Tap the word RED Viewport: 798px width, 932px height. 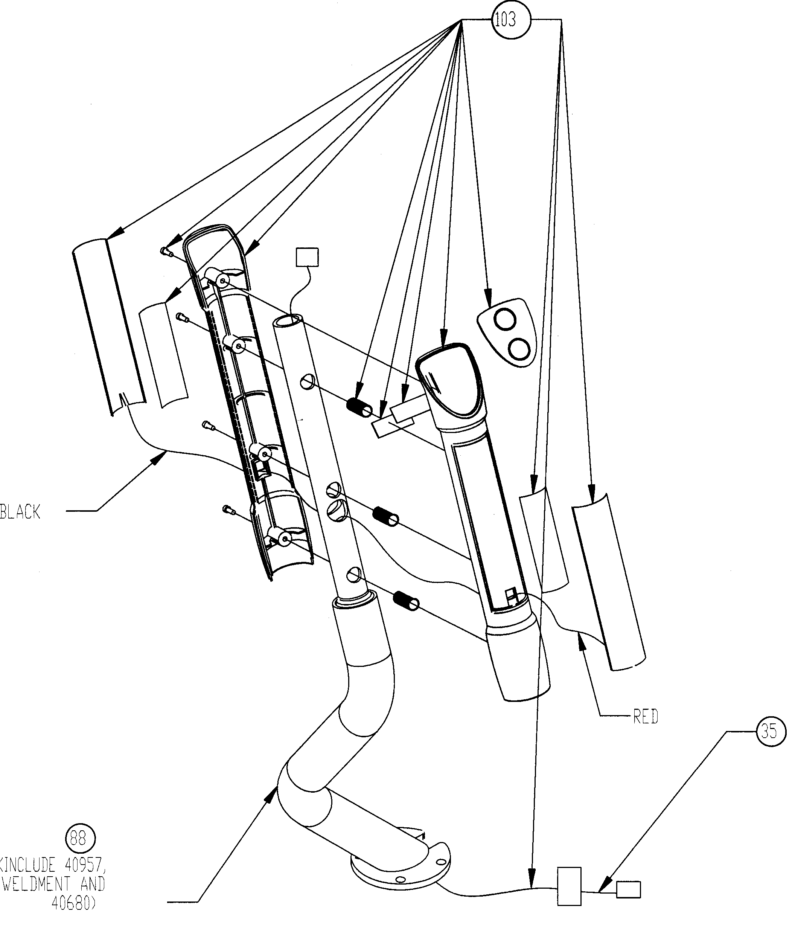(645, 717)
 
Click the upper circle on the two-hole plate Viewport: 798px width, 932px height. (504, 320)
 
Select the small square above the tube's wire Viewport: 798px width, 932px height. (308, 257)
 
